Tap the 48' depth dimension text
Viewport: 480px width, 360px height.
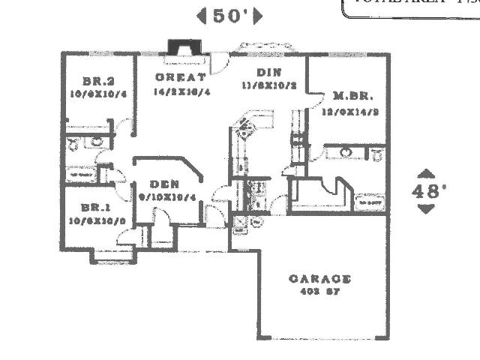(425, 190)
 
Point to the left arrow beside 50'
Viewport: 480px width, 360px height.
(200, 16)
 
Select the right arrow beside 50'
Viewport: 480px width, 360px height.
(258, 16)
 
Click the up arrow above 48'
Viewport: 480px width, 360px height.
(425, 173)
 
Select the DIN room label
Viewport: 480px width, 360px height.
(268, 73)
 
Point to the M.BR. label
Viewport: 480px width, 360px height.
(349, 96)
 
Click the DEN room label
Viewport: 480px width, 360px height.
(163, 184)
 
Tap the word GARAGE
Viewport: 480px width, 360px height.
(320, 279)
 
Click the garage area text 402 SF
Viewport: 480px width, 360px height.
(320, 292)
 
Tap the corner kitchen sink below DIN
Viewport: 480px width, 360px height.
(246, 128)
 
